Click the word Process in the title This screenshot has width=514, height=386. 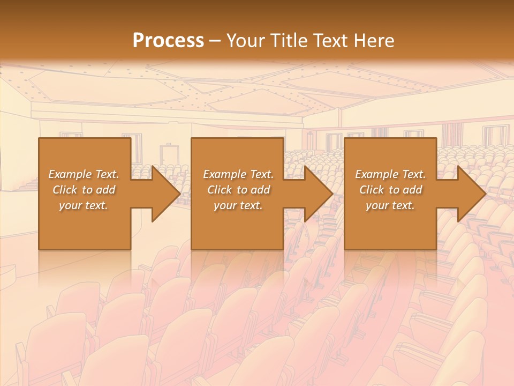(x=168, y=41)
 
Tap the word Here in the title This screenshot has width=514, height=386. (x=374, y=41)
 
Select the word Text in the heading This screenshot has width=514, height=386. (x=331, y=41)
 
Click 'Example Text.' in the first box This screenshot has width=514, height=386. (x=84, y=174)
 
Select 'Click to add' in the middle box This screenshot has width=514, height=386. (x=238, y=190)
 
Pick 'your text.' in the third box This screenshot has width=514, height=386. (x=390, y=205)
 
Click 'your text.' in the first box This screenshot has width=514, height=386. (x=84, y=205)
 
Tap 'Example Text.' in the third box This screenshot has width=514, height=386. (x=390, y=174)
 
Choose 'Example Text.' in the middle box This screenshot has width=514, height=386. (x=238, y=174)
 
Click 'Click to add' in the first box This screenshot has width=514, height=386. (x=84, y=190)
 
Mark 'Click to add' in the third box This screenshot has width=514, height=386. (x=390, y=190)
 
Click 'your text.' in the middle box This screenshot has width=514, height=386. (x=238, y=205)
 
